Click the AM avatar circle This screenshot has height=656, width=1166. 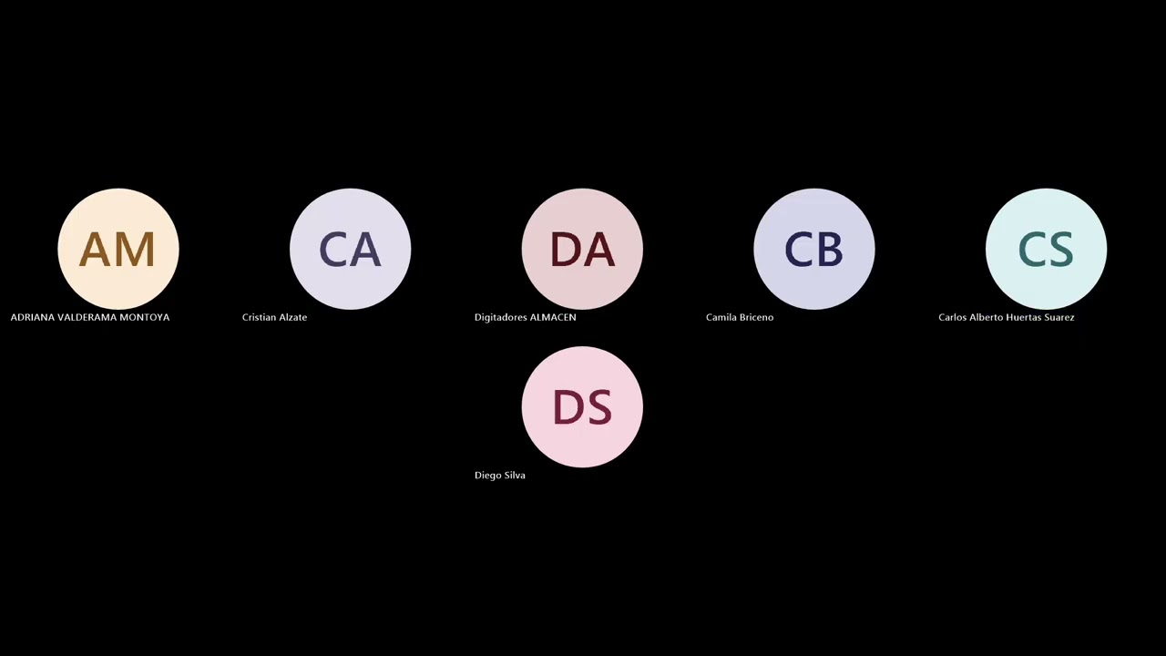coord(118,249)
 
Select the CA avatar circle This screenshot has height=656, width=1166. coord(351,249)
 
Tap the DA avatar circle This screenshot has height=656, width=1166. coord(582,249)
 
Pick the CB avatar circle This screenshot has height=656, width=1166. coord(814,249)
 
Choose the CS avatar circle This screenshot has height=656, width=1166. coord(1047,249)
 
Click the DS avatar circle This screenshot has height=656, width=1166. coord(582,406)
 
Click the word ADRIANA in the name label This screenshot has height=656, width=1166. coord(32,317)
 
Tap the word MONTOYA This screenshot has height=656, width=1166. coord(145,317)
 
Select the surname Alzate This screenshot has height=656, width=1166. coord(293,317)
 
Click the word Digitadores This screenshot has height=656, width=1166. coord(501,317)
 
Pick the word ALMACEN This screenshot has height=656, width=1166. coord(553,317)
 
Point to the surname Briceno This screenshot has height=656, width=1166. coord(756,317)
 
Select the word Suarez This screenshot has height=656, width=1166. coord(1059,317)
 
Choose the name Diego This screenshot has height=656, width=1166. coord(487,476)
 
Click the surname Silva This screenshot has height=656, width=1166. coord(515,475)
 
